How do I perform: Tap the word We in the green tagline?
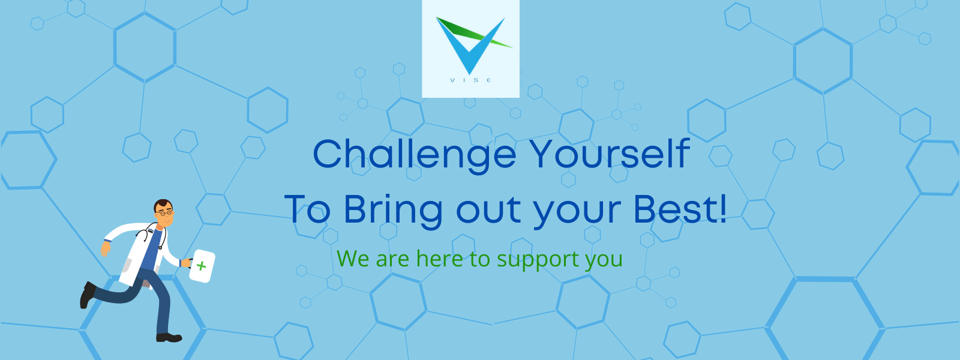pos(354,259)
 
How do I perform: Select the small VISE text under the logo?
pos(470,80)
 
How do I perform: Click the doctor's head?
pos(163,213)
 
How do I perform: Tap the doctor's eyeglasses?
pos(164,212)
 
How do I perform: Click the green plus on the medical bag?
pos(201,266)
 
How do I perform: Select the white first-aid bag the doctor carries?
pos(202,266)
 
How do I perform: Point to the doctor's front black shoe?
pos(169,338)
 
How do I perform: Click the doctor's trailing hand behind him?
pos(106,248)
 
